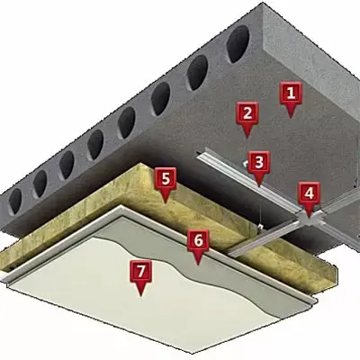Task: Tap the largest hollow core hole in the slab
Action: point(238,44)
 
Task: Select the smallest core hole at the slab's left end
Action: point(15,201)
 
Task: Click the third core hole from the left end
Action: point(67,165)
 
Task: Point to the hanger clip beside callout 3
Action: point(246,164)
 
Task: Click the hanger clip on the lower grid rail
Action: point(260,227)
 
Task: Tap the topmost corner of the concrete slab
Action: point(263,3)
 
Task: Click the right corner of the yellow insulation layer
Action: point(336,267)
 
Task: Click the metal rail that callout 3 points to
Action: point(251,183)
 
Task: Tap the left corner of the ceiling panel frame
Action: point(3,280)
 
